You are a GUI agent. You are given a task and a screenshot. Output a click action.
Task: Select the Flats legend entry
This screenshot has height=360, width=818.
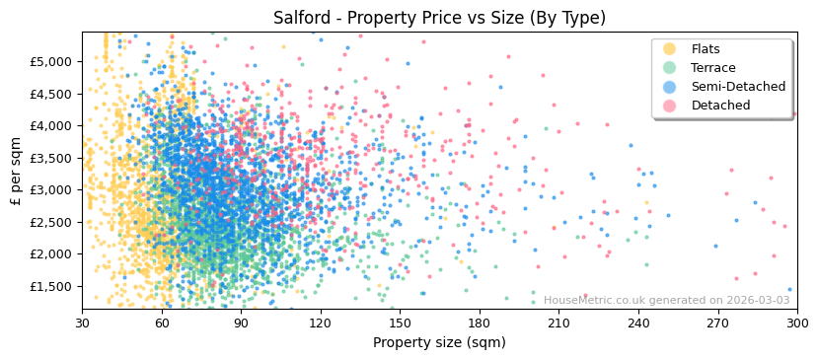(x=705, y=49)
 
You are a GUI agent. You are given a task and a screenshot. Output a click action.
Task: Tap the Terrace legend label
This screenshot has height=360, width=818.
(x=712, y=68)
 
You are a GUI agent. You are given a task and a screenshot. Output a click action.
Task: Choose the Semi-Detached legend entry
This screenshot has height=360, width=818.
(x=738, y=87)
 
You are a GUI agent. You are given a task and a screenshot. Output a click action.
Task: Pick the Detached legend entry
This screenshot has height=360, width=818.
(x=720, y=106)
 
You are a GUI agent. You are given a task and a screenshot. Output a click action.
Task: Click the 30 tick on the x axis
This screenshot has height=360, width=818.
(x=82, y=323)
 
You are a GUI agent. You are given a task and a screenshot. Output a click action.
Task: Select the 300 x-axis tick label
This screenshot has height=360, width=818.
(x=797, y=323)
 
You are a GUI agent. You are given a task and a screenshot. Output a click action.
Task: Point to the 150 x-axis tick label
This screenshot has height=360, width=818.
(x=400, y=323)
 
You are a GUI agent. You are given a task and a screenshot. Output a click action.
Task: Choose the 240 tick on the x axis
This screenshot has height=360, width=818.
(x=638, y=323)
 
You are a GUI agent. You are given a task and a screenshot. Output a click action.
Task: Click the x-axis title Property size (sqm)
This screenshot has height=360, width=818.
(x=439, y=342)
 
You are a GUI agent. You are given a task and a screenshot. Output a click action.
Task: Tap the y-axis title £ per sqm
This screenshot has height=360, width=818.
(x=17, y=171)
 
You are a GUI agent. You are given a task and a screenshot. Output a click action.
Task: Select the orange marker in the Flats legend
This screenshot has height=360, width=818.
(x=670, y=49)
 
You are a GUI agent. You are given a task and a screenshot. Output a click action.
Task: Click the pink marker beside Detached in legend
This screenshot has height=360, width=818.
(x=670, y=106)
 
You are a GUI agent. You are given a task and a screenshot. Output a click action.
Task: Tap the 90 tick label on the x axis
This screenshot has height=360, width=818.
(x=241, y=323)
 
